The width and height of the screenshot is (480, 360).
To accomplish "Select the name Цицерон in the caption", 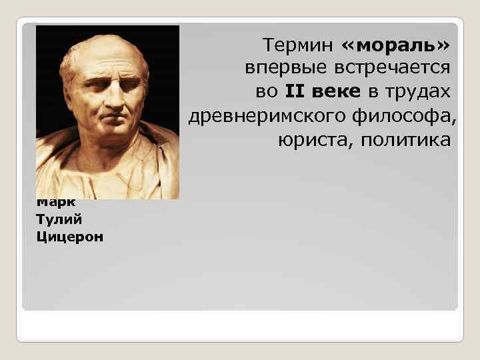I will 70,237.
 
